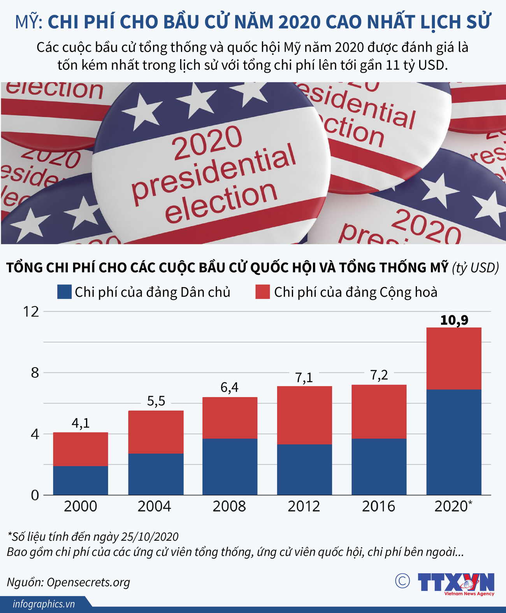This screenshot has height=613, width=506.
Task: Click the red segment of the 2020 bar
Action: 454,358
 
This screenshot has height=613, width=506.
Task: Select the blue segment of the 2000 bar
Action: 81,480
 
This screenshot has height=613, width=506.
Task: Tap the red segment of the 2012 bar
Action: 304,415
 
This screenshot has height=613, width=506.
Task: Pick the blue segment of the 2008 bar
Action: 230,466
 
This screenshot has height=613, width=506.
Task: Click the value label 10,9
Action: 454,320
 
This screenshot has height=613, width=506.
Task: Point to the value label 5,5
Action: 156,401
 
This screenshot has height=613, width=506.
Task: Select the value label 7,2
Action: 379,375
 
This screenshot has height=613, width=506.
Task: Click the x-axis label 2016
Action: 378,506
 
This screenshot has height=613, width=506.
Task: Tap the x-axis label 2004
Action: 155,506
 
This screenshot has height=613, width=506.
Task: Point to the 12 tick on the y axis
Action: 31,312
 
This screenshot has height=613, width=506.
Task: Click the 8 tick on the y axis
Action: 35,373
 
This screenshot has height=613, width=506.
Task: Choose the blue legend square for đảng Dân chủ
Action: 64,292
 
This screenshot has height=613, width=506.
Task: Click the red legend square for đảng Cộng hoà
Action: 262,292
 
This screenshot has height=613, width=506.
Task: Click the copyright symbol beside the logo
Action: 402,581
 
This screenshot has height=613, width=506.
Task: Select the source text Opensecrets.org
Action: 88,582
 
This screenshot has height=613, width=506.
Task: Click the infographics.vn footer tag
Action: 44,604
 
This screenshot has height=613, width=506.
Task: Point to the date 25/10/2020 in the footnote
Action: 150,537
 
